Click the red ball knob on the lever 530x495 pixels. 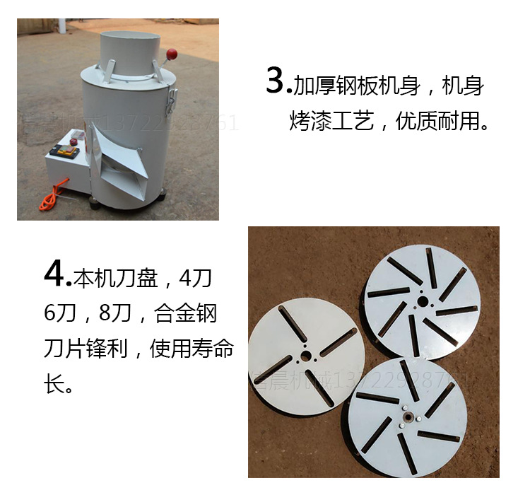click(170, 54)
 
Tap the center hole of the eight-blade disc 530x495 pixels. click(421, 301)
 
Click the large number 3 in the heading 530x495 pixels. click(276, 82)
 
